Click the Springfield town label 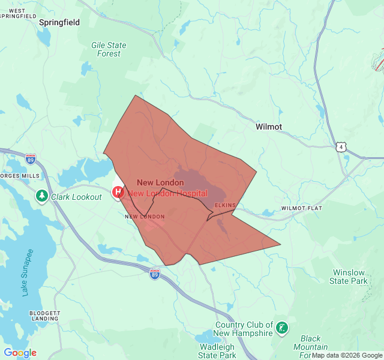59,22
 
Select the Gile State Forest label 109,49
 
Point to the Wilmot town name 268,127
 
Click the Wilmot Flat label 301,208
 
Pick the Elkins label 226,205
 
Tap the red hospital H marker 118,192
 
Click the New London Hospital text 167,193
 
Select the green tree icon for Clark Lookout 41,196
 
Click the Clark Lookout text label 76,197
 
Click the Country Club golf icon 282,328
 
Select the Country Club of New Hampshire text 244,329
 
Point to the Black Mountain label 311,343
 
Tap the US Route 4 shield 341,146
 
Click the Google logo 20,353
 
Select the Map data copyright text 347,355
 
